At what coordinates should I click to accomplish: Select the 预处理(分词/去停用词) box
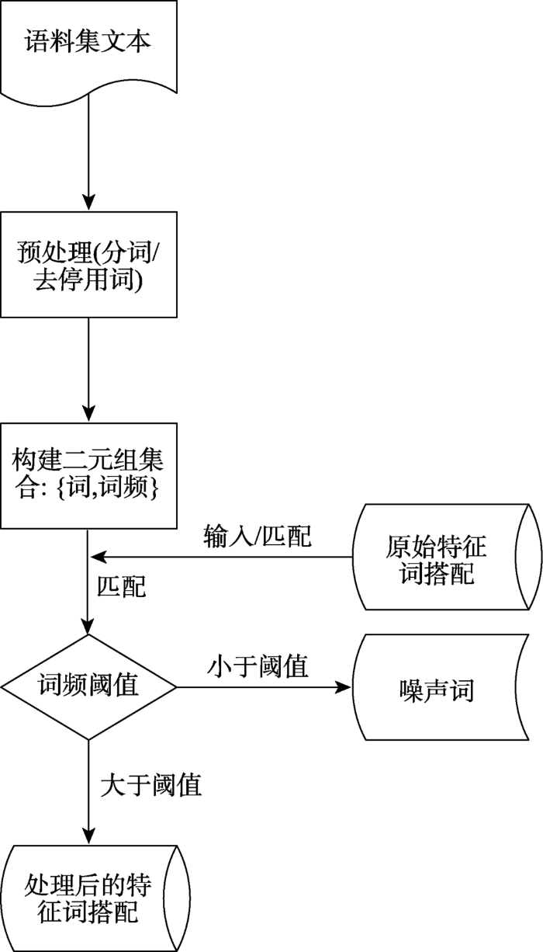(x=88, y=265)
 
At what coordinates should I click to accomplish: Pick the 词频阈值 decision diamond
(x=88, y=686)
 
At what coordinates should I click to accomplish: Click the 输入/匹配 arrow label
(x=258, y=536)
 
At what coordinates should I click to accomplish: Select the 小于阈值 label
(x=258, y=666)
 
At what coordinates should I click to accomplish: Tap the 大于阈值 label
(x=151, y=785)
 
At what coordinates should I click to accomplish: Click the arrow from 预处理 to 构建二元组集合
(x=88, y=369)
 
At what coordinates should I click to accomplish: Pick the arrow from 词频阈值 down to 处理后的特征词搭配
(x=88, y=792)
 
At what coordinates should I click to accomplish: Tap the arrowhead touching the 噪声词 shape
(x=345, y=687)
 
